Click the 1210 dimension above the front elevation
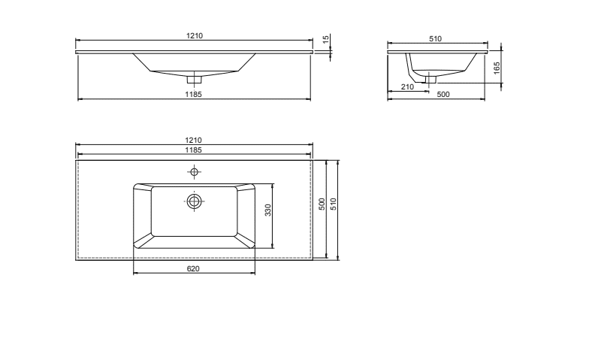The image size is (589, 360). [194, 36]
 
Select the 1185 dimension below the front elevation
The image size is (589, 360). [194, 95]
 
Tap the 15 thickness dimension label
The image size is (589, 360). [326, 38]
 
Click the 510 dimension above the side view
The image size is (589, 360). [436, 39]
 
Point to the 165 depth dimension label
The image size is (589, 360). [497, 68]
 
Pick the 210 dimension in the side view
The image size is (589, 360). [407, 87]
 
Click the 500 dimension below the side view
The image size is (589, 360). [443, 95]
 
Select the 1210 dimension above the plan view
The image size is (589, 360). [194, 140]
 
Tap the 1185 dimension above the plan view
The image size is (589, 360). [194, 150]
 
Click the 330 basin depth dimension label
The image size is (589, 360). [267, 210]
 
